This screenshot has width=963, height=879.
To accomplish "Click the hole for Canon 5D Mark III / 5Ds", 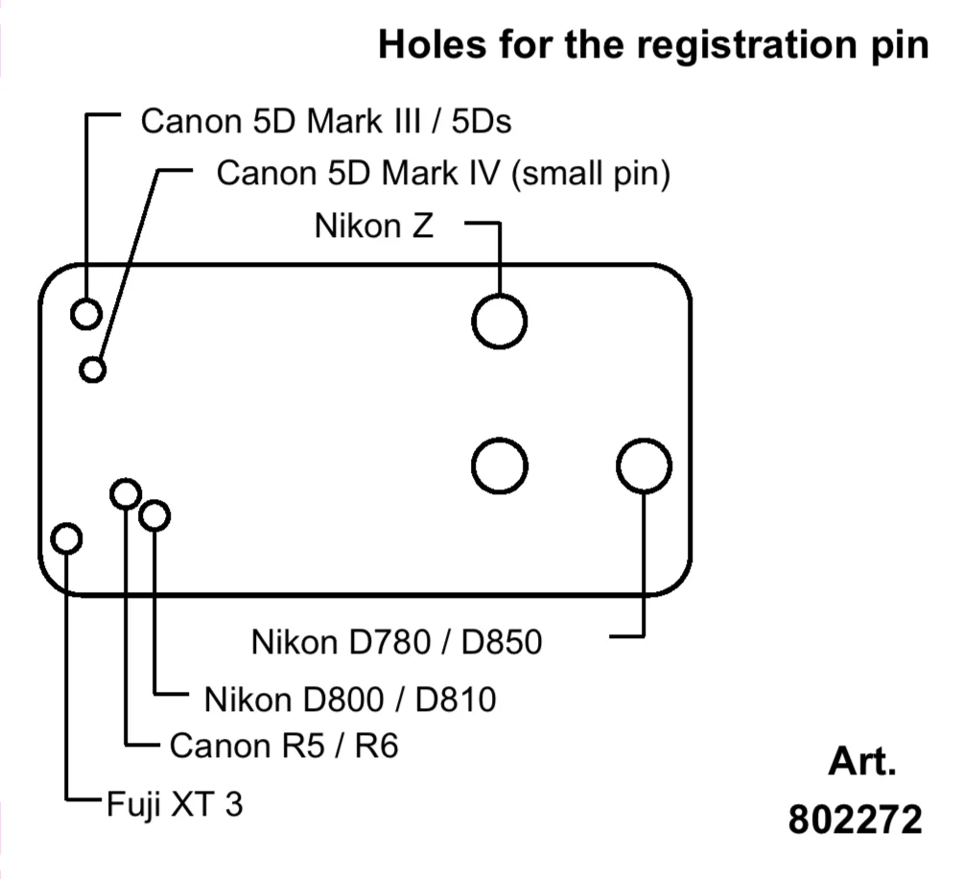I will (x=86, y=314).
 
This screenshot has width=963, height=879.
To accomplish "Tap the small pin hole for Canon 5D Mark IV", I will (x=93, y=368).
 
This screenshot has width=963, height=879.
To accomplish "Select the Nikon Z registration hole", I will (x=499, y=321).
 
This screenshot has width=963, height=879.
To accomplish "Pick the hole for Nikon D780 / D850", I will (x=644, y=466).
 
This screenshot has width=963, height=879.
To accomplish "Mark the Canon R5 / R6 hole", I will (x=126, y=494).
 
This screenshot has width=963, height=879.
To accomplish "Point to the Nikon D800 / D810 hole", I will (x=154, y=515).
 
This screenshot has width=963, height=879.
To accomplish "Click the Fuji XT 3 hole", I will (x=65, y=538).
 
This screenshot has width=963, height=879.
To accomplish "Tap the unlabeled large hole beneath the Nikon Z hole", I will (x=500, y=466).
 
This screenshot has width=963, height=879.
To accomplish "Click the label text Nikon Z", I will (x=373, y=226).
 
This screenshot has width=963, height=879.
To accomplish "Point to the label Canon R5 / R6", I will (x=283, y=746).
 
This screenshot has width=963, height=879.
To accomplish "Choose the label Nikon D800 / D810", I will (x=350, y=700).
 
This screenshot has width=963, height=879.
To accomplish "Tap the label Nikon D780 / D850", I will (x=396, y=642).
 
